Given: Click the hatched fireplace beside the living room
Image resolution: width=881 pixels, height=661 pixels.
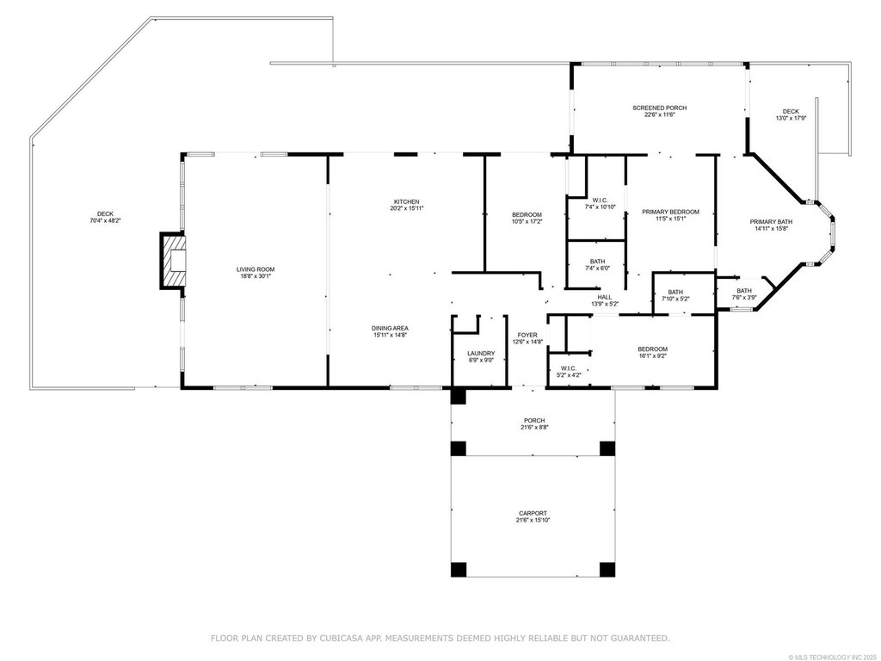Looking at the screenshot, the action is (172, 261).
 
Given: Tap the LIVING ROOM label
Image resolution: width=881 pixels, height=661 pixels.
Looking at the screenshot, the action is (256, 269).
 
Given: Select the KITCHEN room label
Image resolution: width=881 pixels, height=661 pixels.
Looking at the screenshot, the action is (406, 201).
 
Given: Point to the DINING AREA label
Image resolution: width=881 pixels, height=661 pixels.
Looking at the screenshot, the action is (390, 328).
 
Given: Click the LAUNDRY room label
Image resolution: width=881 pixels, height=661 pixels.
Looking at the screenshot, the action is (481, 354).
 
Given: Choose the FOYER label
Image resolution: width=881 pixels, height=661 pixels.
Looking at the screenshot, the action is (527, 335).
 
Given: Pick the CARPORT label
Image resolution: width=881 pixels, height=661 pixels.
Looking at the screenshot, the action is (533, 513).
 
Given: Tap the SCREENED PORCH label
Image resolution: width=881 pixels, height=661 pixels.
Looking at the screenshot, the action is (660, 108).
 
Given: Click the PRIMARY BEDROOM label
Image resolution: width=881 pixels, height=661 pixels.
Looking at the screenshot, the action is (671, 212).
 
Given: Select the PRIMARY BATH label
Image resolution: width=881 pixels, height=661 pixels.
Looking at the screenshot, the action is (772, 222).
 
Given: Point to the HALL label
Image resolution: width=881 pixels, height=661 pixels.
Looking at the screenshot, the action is (605, 297).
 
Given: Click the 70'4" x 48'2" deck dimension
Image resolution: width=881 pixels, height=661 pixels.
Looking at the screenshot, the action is (106, 221).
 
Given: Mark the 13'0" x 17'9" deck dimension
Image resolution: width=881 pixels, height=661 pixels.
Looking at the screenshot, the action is (792, 119).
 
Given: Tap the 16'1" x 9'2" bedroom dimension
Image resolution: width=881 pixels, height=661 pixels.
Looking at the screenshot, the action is (653, 355).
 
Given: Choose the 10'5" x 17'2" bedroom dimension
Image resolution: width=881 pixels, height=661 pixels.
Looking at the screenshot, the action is (527, 221).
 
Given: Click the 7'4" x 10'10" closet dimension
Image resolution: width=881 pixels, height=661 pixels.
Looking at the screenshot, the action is (601, 207).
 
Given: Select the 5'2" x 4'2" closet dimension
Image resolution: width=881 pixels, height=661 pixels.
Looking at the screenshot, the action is (569, 375).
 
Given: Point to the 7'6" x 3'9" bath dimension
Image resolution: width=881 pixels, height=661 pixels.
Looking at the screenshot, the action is (744, 297).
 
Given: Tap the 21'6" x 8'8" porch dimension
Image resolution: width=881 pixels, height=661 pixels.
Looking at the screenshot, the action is (534, 427).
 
